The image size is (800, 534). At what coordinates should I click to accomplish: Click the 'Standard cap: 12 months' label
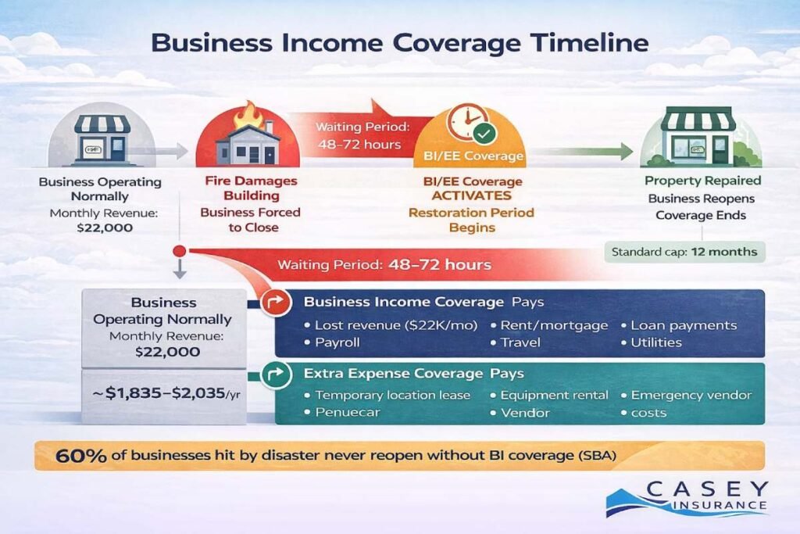pos(685,253)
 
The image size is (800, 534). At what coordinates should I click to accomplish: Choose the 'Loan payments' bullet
pos(684,324)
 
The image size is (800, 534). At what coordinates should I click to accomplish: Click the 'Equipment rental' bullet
pos(554,396)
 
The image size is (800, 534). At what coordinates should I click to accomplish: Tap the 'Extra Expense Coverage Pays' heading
pos(414,374)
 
